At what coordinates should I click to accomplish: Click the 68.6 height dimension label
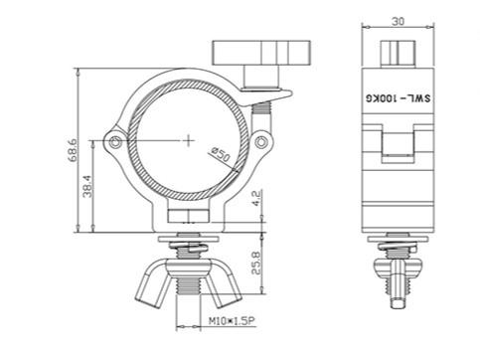tap(73, 150)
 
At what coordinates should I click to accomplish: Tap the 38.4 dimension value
tap(87, 186)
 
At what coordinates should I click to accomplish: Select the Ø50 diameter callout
tap(221, 154)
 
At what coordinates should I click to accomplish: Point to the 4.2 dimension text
tap(257, 198)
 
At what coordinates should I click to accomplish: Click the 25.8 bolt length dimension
tap(256, 263)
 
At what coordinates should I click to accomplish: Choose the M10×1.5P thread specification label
tap(233, 321)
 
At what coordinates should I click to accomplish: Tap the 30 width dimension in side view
tap(398, 21)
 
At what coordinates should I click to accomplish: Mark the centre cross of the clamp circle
tap(189, 140)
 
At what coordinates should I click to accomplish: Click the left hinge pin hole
tap(115, 142)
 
